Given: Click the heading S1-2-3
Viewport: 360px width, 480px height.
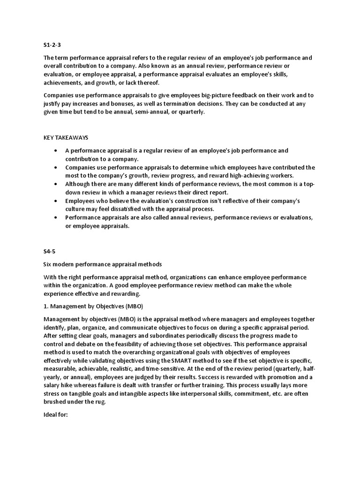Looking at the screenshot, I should (52, 45).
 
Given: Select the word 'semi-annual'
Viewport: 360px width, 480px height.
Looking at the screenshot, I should (143, 112).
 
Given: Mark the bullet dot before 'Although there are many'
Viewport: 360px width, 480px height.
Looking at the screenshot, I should (56, 184).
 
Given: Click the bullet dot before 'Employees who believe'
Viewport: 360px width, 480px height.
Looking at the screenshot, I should (56, 201).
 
